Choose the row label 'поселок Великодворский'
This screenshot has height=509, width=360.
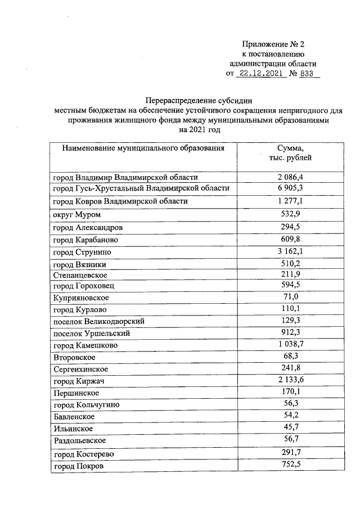(98, 322)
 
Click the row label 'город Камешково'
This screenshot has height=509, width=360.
(85, 345)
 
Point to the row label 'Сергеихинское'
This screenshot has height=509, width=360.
(80, 370)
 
